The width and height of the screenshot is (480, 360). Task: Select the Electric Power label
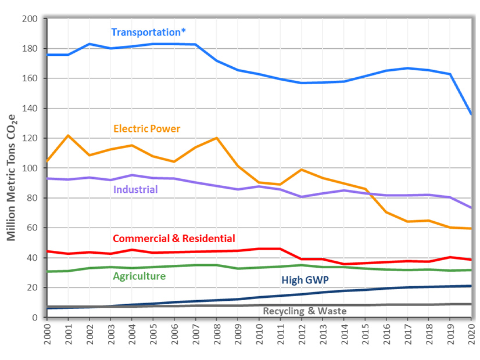pyautogui.click(x=147, y=128)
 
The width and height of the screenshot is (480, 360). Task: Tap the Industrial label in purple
pyautogui.click(x=135, y=189)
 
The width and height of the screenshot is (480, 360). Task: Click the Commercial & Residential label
pyautogui.click(x=174, y=238)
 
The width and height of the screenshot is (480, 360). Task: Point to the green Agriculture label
pyautogui.click(x=139, y=276)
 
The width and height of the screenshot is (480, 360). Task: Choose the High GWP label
pyautogui.click(x=305, y=280)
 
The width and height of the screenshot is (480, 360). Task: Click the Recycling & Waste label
pyautogui.click(x=305, y=311)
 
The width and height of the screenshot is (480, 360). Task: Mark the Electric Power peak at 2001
pyautogui.click(x=68, y=136)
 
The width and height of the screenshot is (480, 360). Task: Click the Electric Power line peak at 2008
pyautogui.click(x=216, y=138)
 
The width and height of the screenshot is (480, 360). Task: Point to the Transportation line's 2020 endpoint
pyautogui.click(x=471, y=114)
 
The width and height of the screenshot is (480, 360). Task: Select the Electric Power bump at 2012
pyautogui.click(x=301, y=170)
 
